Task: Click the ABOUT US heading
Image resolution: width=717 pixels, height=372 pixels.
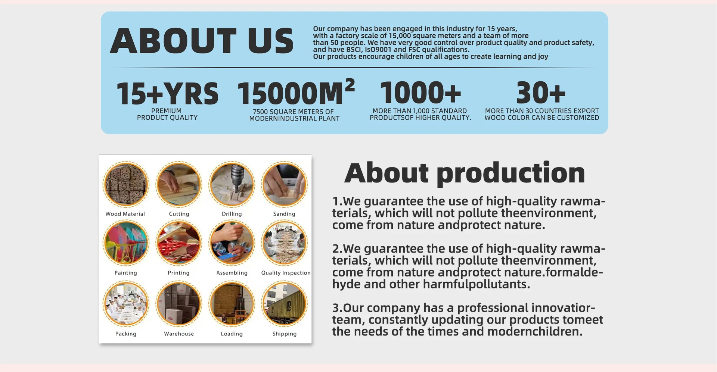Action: point(202,41)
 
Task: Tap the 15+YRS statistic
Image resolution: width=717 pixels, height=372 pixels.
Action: point(167,93)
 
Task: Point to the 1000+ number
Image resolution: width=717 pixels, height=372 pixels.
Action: point(420,93)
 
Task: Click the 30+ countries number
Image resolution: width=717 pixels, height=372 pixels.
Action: point(541,93)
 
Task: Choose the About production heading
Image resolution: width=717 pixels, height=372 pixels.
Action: point(465,173)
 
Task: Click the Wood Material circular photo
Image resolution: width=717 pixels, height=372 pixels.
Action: point(126,184)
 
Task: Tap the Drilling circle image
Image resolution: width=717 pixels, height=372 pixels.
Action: point(232,184)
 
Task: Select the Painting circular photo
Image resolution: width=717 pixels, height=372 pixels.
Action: point(126,243)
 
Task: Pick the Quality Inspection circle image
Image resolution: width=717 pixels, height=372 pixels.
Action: point(284,243)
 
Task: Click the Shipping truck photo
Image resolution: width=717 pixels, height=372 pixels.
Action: point(284,304)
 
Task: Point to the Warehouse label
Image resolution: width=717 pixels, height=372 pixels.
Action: point(179,334)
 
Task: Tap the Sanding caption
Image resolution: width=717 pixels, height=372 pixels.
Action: point(284,214)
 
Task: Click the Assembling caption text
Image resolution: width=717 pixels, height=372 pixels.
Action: point(232,273)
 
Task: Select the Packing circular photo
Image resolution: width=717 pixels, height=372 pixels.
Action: point(126,304)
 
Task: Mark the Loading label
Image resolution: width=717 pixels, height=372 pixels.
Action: point(232,334)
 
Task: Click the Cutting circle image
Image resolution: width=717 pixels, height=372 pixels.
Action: point(179,184)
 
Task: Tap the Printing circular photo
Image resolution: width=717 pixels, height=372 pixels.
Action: point(179,243)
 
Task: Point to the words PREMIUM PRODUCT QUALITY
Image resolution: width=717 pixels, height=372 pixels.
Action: point(167,114)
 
